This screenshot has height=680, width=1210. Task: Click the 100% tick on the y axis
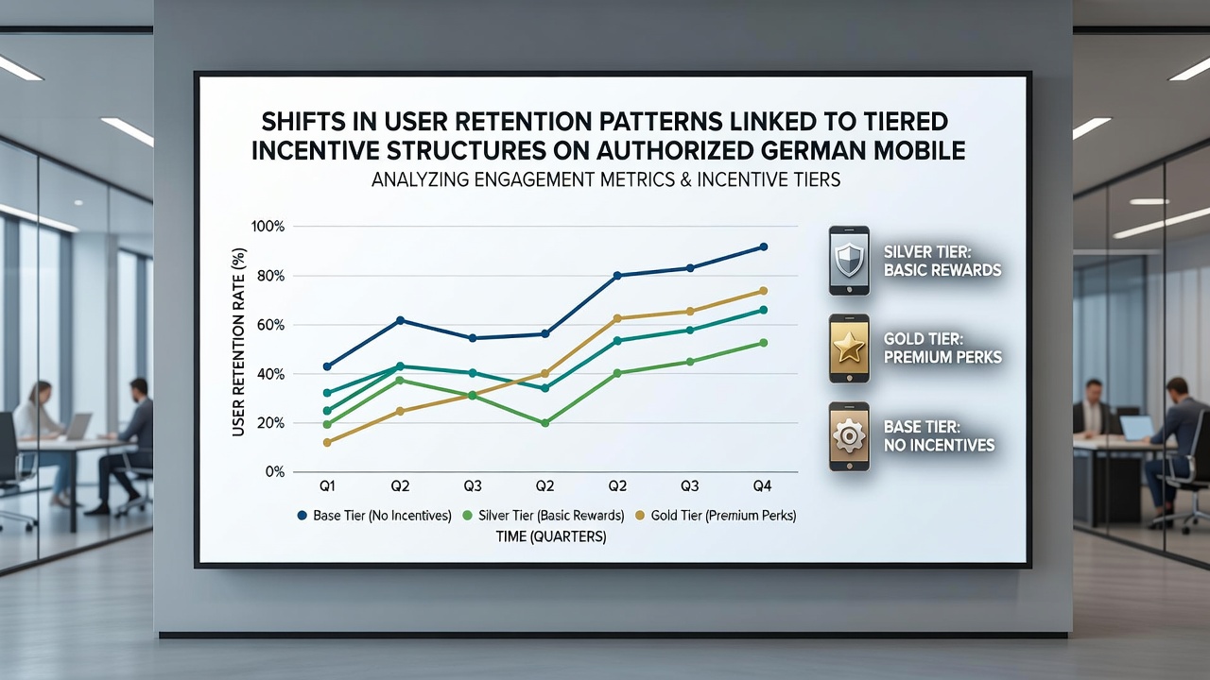[268, 227]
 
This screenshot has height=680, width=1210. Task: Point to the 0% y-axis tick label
[274, 471]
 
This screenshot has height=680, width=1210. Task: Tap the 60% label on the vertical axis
[270, 325]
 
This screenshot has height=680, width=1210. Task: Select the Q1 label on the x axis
[327, 486]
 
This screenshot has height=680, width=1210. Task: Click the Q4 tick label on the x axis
[762, 486]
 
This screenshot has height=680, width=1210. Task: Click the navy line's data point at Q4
[763, 246]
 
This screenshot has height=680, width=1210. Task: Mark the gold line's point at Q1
[327, 443]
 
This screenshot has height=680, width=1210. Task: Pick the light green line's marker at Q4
[763, 343]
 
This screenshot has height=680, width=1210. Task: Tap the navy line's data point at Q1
[327, 366]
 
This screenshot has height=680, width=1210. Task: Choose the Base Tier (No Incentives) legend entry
[374, 516]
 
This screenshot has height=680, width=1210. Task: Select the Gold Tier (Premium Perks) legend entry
[716, 516]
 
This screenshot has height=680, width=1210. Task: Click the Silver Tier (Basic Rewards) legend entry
[544, 516]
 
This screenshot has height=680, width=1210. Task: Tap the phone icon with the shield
[849, 261]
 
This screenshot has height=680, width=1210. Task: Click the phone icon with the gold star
[849, 348]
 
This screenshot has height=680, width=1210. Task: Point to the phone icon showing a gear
[849, 436]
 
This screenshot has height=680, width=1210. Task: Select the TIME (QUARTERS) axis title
[550, 536]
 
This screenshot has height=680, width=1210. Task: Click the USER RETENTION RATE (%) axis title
[238, 342]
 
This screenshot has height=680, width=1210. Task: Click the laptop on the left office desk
[78, 426]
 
